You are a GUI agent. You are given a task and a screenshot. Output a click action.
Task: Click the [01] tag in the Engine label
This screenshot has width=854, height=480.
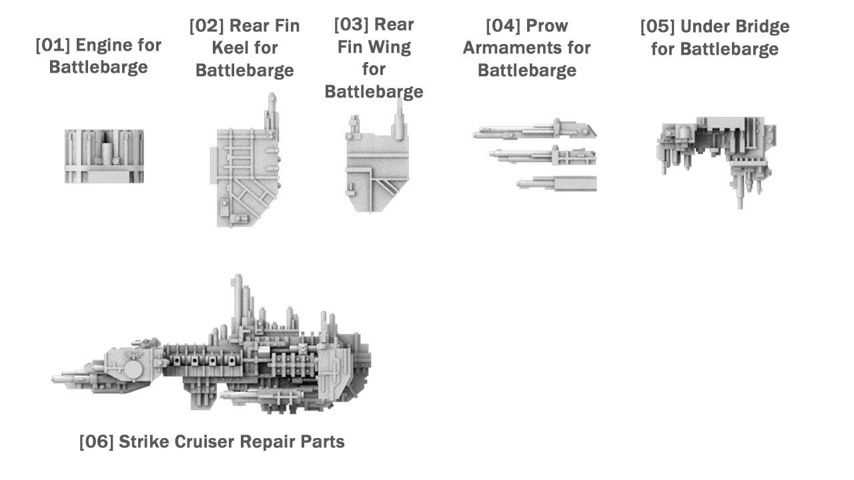coord(53,45)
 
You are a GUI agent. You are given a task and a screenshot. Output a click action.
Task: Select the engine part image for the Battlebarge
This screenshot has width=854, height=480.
coord(104,156)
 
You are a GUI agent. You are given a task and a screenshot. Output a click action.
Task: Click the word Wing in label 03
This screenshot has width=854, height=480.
coord(392,47)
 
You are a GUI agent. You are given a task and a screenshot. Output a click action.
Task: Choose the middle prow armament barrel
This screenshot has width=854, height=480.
coord(542,157)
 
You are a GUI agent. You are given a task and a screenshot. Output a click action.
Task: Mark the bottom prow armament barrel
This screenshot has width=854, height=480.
coord(556,183)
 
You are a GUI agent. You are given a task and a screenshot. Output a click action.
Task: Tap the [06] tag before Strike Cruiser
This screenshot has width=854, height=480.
coord(96,442)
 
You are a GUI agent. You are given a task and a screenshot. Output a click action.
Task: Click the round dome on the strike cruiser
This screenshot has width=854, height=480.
coord(133,369)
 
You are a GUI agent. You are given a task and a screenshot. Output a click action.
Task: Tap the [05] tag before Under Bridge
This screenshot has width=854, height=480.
coord(657,27)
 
